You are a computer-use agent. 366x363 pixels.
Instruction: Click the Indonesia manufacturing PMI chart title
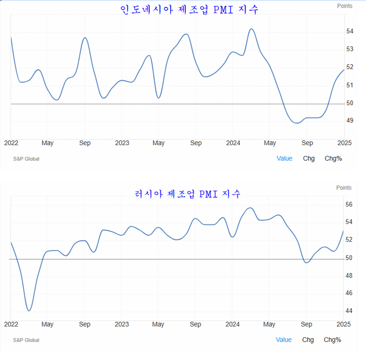click(x=190, y=9)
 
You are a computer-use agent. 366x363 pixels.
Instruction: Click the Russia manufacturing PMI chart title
click(x=188, y=193)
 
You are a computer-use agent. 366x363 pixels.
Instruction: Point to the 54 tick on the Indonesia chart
click(x=349, y=31)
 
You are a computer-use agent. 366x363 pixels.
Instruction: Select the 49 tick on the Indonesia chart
click(x=349, y=120)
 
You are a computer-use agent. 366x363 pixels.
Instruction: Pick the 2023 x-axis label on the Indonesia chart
click(x=122, y=143)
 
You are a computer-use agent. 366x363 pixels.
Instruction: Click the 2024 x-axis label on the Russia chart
click(x=233, y=324)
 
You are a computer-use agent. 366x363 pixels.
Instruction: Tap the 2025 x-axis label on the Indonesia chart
click(x=344, y=143)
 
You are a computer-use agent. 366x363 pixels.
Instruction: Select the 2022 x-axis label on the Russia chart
click(x=11, y=324)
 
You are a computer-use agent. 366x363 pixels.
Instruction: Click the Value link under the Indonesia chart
click(x=284, y=158)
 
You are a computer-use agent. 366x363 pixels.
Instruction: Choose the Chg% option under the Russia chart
click(x=332, y=340)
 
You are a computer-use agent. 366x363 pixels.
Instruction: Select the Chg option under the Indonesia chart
click(x=309, y=158)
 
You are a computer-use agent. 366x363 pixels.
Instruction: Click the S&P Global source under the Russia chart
click(x=26, y=340)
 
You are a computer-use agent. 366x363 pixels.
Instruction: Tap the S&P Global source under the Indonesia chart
click(x=26, y=159)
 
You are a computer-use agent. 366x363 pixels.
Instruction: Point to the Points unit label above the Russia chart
click(x=344, y=188)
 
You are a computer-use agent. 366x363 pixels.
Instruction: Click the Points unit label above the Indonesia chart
click(x=345, y=6)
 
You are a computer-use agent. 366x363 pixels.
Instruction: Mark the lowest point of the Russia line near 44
click(x=29, y=310)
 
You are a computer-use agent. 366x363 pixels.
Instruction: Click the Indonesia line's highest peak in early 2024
click(x=251, y=29)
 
